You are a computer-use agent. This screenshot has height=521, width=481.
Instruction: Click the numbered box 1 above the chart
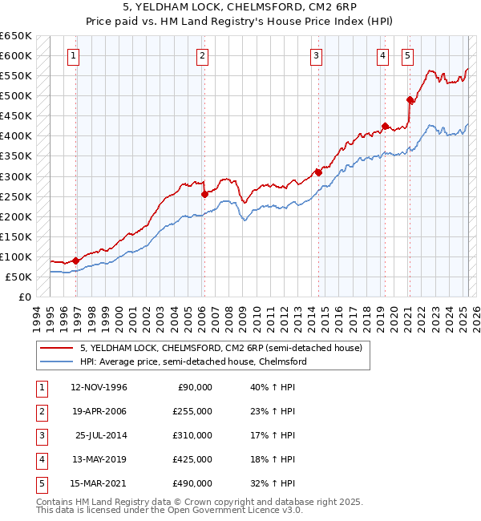[73, 55]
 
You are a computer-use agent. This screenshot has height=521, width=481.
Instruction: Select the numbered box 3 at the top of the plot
[317, 55]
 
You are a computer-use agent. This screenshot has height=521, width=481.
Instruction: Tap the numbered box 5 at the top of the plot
[408, 55]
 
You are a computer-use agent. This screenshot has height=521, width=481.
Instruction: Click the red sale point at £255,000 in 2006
[204, 194]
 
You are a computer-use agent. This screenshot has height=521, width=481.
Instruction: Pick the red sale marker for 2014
[318, 172]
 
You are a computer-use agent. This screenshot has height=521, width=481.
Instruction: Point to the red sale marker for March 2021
[410, 99]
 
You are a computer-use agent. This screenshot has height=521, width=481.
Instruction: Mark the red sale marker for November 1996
[76, 260]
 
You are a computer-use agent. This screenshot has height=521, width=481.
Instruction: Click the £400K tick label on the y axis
[16, 136]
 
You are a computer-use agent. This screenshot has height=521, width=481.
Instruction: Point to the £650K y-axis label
[16, 36]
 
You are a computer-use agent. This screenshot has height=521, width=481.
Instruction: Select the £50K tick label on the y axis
[19, 277]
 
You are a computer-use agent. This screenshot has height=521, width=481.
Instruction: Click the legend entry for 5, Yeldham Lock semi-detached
[221, 348]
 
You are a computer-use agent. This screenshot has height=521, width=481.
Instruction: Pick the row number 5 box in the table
[40, 483]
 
